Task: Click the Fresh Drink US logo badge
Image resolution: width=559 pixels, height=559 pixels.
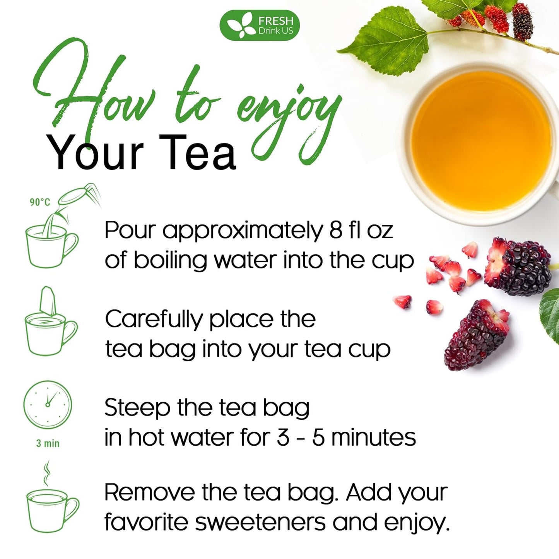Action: click(260, 26)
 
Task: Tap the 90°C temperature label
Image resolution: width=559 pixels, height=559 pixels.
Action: click(40, 202)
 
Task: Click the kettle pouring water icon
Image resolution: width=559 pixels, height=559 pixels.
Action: click(77, 197)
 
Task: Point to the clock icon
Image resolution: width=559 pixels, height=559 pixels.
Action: click(48, 405)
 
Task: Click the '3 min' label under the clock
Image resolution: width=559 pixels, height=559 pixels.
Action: click(48, 443)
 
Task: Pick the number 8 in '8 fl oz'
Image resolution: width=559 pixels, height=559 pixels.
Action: click(336, 230)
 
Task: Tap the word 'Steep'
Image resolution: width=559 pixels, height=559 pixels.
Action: click(137, 409)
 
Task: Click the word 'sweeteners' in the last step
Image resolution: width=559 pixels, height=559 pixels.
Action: click(260, 522)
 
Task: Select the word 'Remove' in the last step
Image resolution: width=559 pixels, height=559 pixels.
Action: click(149, 492)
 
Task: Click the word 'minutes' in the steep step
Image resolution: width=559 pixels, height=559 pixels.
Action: click(373, 438)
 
